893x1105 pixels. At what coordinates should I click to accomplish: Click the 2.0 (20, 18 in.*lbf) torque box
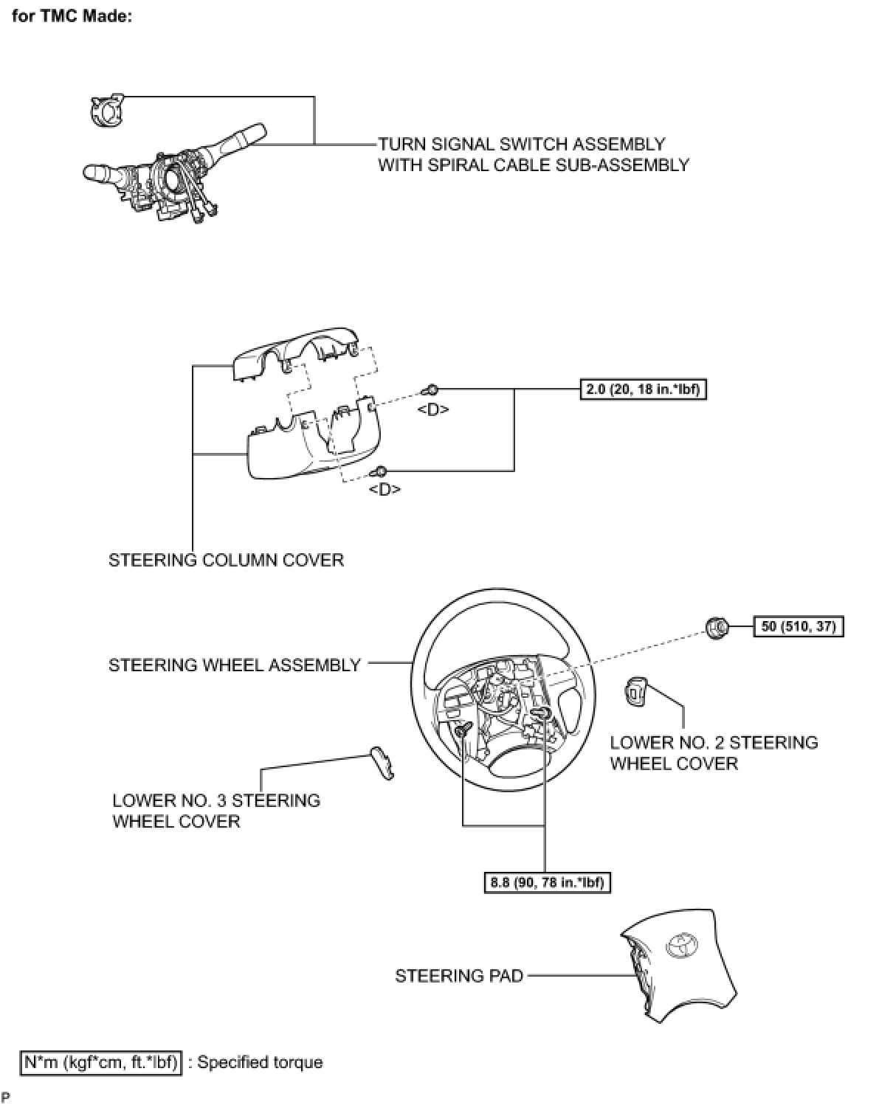point(643,389)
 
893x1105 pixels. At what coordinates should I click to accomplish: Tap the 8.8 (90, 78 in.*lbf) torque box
point(548,882)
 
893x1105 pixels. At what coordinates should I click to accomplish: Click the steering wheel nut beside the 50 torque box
point(716,627)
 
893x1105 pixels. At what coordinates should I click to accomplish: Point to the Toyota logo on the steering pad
point(680,945)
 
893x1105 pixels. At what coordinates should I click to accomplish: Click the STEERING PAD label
point(459,976)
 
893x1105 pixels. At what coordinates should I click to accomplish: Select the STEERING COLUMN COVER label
point(226,560)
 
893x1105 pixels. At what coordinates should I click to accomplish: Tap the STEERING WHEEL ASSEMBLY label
point(235,665)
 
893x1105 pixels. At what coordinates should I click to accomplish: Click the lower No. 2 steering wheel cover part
point(635,691)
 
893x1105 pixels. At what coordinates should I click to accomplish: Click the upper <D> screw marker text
point(433,409)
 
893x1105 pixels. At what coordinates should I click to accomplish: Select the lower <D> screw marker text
point(384,489)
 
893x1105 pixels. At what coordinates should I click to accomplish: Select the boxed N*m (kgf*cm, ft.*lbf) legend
point(101,1062)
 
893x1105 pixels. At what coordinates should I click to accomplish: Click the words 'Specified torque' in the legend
point(260,1062)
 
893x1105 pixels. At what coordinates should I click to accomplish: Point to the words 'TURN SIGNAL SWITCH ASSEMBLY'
point(522,144)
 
